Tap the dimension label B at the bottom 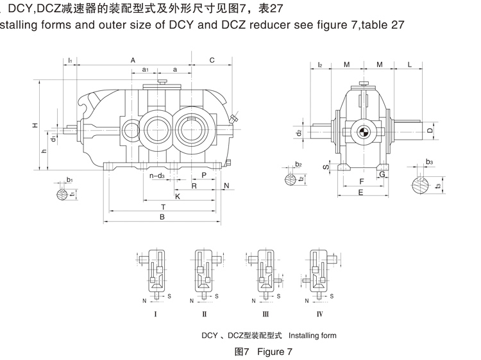[x=162, y=217]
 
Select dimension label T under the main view [x=163, y=207]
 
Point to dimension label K [x=177, y=196]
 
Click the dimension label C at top [x=212, y=60]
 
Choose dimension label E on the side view [x=361, y=192]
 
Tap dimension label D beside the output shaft [x=430, y=130]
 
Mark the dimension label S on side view [x=325, y=167]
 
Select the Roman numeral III [x=265, y=315]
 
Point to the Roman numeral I [x=156, y=315]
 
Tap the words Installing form [x=312, y=335]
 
